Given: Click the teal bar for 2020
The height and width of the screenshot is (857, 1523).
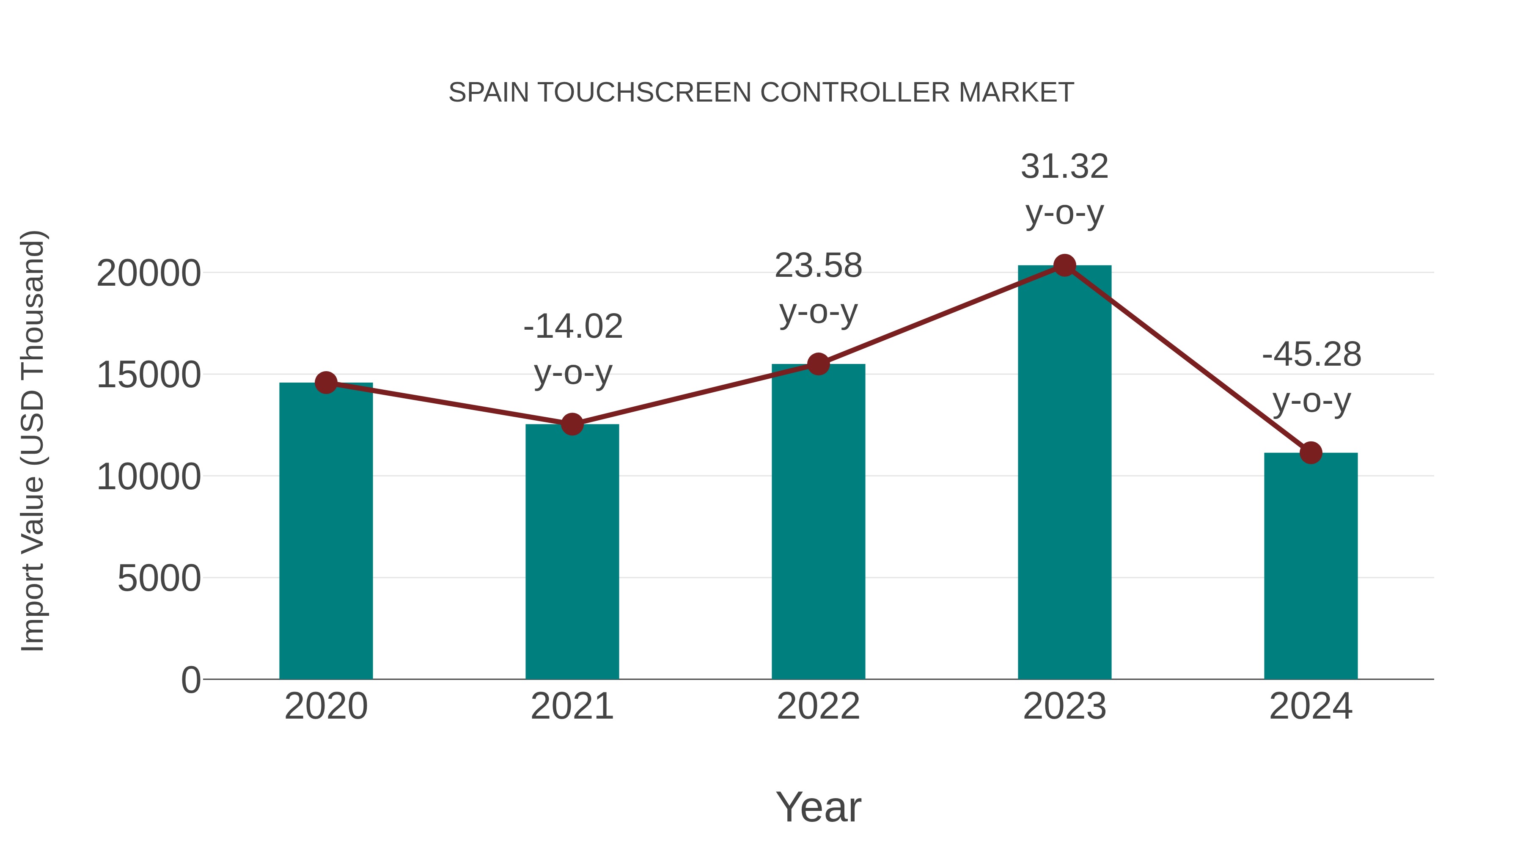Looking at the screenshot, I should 326,532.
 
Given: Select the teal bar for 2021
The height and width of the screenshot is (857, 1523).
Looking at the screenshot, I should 572,553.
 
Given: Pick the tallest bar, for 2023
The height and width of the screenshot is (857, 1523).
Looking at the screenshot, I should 1064,473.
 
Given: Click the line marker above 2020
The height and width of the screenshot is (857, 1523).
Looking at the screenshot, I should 326,383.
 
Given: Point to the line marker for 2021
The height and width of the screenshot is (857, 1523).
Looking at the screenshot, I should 572,424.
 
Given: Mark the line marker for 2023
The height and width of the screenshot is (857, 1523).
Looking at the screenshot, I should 1064,265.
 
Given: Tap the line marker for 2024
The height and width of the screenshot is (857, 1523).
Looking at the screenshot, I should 1311,453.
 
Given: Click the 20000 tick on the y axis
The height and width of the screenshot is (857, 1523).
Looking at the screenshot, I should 148,274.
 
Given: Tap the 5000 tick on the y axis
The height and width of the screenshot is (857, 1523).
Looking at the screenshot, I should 159,579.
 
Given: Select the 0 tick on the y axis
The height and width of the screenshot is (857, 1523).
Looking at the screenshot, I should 190,680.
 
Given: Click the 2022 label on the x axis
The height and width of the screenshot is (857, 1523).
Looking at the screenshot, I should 818,707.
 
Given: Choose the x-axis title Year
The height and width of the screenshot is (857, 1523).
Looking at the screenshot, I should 818,807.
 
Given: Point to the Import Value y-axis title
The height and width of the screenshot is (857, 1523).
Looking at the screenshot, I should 33,441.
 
